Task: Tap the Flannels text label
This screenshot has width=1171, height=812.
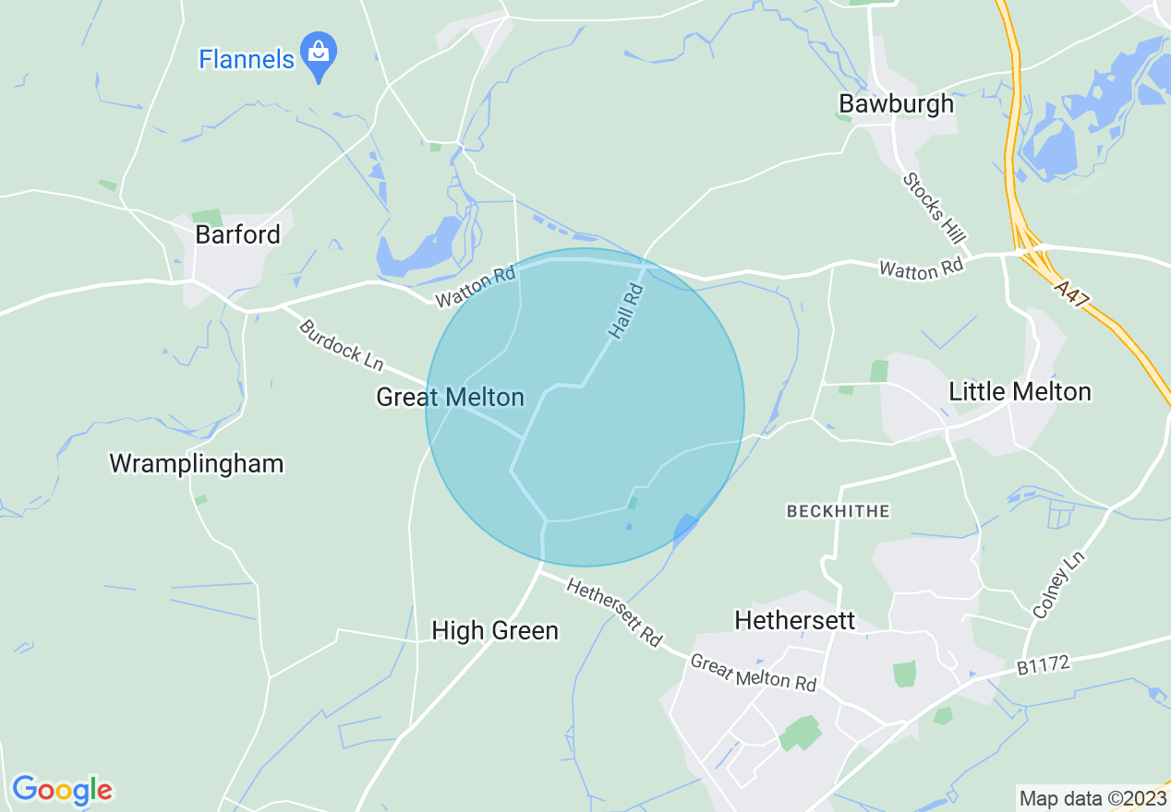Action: [x=247, y=60]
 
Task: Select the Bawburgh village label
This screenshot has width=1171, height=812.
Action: [x=896, y=103]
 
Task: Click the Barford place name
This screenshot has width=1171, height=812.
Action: [x=237, y=234]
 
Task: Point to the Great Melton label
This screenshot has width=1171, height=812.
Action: [x=450, y=398]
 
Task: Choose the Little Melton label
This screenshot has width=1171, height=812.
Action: [x=1020, y=391]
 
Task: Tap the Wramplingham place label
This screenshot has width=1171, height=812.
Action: [x=197, y=463]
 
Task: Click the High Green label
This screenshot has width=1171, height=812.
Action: [x=495, y=630]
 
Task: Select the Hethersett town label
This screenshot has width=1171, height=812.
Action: [x=795, y=620]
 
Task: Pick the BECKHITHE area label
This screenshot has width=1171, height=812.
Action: [x=838, y=510]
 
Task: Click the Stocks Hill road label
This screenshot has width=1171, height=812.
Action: [x=935, y=209]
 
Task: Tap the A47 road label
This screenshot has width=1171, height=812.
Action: [x=1074, y=296]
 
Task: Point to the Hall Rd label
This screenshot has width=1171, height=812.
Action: [x=625, y=310]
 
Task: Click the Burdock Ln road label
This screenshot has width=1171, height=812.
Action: [x=340, y=345]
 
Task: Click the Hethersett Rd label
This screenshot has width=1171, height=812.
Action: [x=614, y=613]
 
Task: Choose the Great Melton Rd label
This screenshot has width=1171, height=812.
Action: [x=753, y=673]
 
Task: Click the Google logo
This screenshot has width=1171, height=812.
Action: [x=62, y=790]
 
